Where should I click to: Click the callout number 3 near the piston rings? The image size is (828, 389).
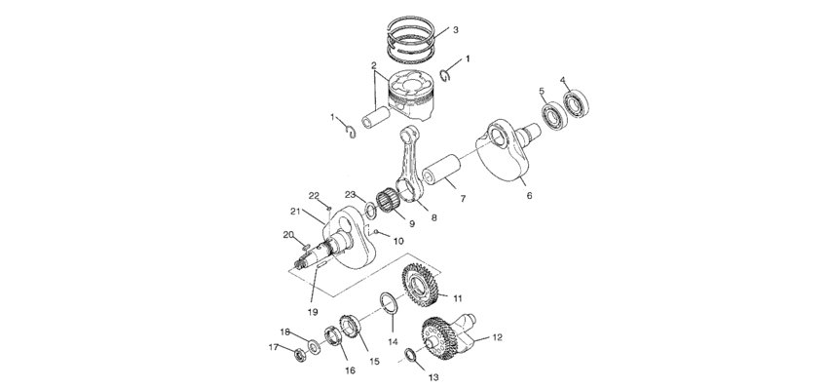455,30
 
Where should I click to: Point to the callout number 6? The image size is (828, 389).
530,195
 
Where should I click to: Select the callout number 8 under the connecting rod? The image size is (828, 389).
433,216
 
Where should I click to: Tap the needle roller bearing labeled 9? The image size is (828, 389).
395,204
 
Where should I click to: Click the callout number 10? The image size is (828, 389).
398,240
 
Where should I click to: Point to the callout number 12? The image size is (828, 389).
496,337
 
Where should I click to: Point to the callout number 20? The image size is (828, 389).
288,234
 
